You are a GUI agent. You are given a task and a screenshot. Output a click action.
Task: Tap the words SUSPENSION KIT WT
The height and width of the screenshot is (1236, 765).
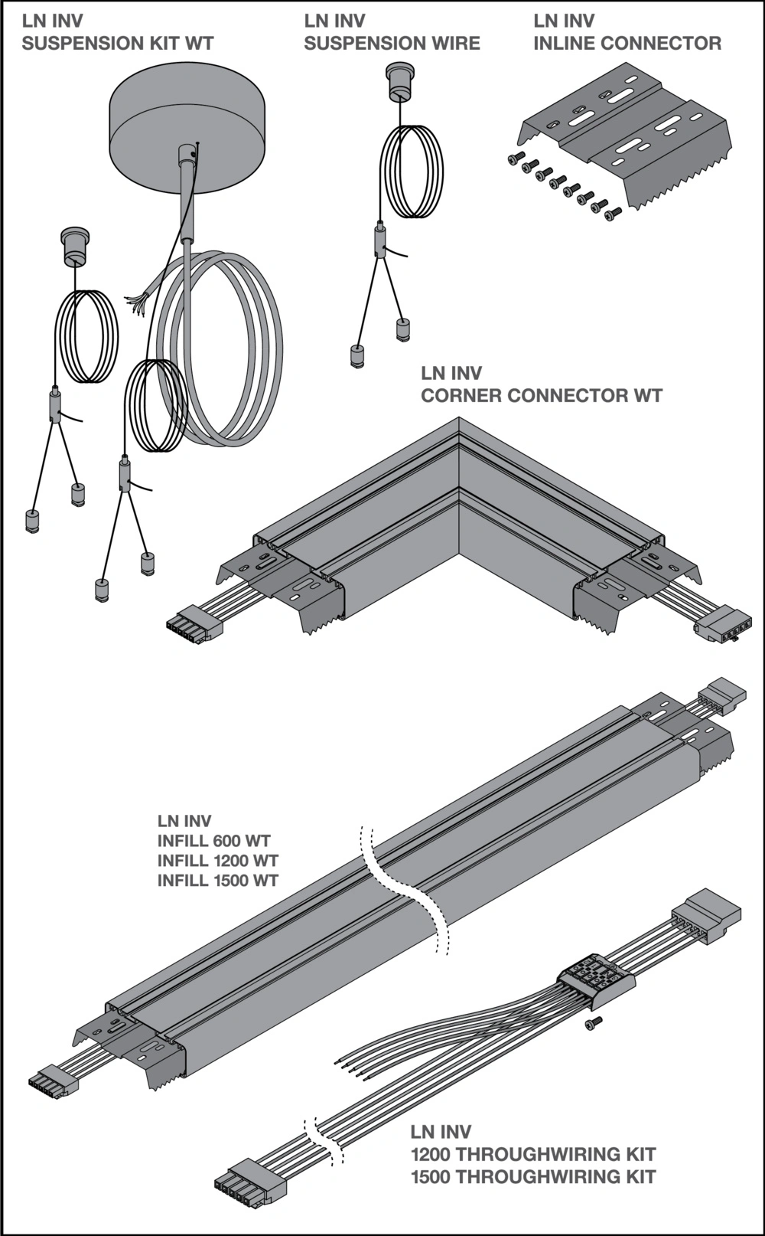coord(118,43)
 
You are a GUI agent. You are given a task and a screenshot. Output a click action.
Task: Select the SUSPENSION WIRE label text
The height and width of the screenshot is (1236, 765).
coord(392,43)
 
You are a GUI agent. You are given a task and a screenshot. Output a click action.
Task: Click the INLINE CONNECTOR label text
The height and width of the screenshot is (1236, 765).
coord(627,43)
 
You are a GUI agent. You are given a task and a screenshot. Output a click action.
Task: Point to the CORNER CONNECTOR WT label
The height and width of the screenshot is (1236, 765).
coord(542,395)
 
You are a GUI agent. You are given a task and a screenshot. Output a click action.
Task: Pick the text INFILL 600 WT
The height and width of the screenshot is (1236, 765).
coord(214,841)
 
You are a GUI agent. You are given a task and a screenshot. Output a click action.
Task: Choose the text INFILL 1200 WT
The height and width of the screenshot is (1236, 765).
coord(218,861)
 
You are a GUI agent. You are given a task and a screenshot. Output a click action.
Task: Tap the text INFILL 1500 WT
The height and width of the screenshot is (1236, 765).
coord(218,881)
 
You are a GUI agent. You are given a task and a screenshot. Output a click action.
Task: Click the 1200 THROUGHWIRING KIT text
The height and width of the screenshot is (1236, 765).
coord(533,1155)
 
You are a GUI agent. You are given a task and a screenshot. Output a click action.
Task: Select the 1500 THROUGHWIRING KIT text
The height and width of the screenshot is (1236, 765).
coord(533,1177)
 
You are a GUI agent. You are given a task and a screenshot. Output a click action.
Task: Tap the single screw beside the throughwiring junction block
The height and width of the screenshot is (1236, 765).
coord(592,1023)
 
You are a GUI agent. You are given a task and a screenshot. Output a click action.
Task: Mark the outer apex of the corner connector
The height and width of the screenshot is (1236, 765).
coord(459,420)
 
